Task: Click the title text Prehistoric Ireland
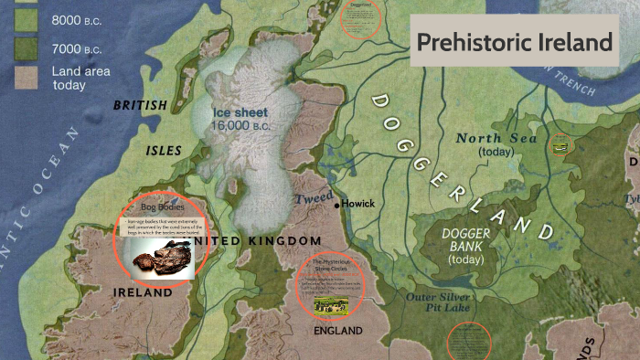click(514, 42)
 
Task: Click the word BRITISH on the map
click(140, 106)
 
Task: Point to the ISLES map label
click(164, 150)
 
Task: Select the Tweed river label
click(308, 198)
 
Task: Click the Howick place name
click(359, 204)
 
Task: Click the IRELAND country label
click(143, 293)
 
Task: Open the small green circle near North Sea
click(561, 144)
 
